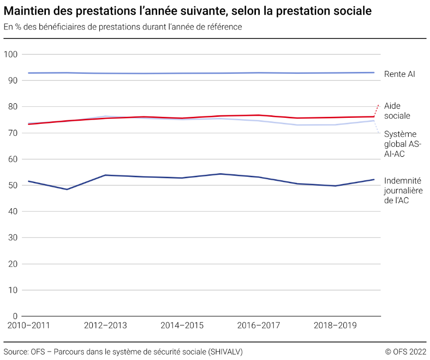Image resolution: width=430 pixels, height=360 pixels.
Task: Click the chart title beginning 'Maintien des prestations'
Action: tap(187, 10)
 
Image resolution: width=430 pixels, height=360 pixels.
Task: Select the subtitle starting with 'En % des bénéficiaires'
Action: tap(122, 27)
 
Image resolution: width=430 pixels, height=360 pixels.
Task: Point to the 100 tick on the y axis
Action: tap(11, 54)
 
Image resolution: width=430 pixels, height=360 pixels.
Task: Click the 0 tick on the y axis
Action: tap(15, 316)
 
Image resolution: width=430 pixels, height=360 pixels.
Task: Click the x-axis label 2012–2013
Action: tap(105, 326)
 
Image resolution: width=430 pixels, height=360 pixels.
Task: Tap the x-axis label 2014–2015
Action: tap(182, 326)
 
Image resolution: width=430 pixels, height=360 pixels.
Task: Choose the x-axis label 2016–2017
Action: tap(258, 326)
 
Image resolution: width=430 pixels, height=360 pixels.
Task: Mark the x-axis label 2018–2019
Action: tap(335, 326)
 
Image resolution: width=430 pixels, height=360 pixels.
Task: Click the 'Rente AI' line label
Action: tap(399, 74)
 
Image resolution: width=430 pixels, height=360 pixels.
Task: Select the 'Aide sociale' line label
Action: tap(397, 111)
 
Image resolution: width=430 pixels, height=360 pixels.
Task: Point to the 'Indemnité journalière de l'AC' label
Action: tap(403, 191)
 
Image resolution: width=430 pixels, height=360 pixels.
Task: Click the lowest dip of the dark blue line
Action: tap(67, 189)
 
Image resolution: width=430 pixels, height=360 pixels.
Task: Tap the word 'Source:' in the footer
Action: tap(16, 352)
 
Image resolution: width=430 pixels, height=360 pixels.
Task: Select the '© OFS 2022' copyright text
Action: tap(406, 352)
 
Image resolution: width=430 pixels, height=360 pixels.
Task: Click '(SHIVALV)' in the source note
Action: tap(225, 352)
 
